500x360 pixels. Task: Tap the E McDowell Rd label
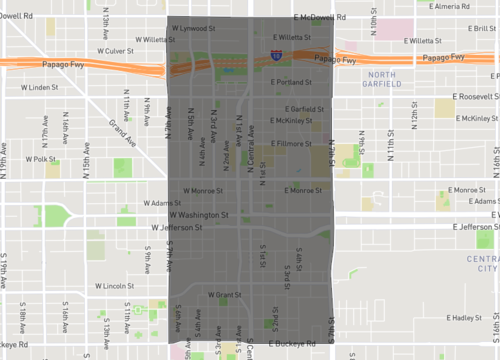coord(321,18)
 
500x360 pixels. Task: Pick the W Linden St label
coord(42,88)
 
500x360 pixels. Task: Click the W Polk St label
coord(41,158)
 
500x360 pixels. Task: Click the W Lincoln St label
coord(115,285)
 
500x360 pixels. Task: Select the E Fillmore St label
coord(294,143)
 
